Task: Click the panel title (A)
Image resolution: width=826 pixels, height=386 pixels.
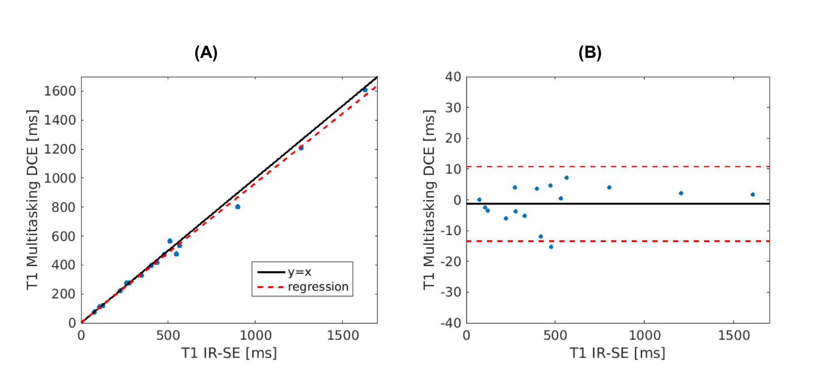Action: click(206, 53)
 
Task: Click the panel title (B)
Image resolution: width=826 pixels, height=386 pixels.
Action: click(590, 53)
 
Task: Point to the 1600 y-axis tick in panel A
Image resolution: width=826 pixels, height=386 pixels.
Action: click(60, 91)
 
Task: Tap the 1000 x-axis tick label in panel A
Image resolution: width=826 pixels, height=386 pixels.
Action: click(255, 336)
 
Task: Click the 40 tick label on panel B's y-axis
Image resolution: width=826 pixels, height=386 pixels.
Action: click(453, 77)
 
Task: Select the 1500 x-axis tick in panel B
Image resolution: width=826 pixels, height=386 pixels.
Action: click(734, 336)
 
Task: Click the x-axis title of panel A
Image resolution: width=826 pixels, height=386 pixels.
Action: click(229, 353)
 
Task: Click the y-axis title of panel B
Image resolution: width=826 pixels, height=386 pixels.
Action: click(429, 200)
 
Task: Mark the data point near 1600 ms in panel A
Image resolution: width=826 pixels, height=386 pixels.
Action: click(365, 90)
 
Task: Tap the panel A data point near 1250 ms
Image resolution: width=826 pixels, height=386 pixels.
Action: click(301, 148)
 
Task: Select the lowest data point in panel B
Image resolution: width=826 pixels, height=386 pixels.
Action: click(551, 247)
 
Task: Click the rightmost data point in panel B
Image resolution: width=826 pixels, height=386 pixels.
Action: click(752, 195)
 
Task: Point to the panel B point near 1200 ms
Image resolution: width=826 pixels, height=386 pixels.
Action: click(681, 193)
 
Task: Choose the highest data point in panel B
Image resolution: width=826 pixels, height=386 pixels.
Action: click(567, 178)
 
